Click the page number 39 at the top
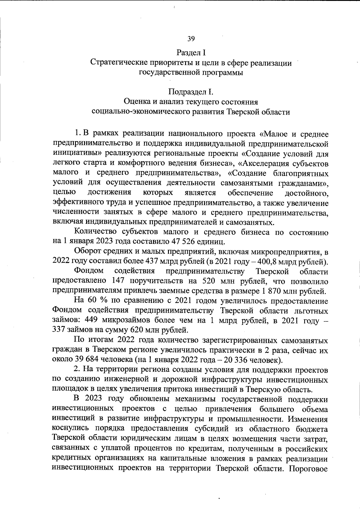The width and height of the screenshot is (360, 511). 191,39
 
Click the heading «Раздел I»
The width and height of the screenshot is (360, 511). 191,53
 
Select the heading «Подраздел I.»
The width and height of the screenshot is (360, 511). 191,91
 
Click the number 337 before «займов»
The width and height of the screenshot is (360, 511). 59,330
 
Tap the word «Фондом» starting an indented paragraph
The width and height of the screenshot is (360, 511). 89,271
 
